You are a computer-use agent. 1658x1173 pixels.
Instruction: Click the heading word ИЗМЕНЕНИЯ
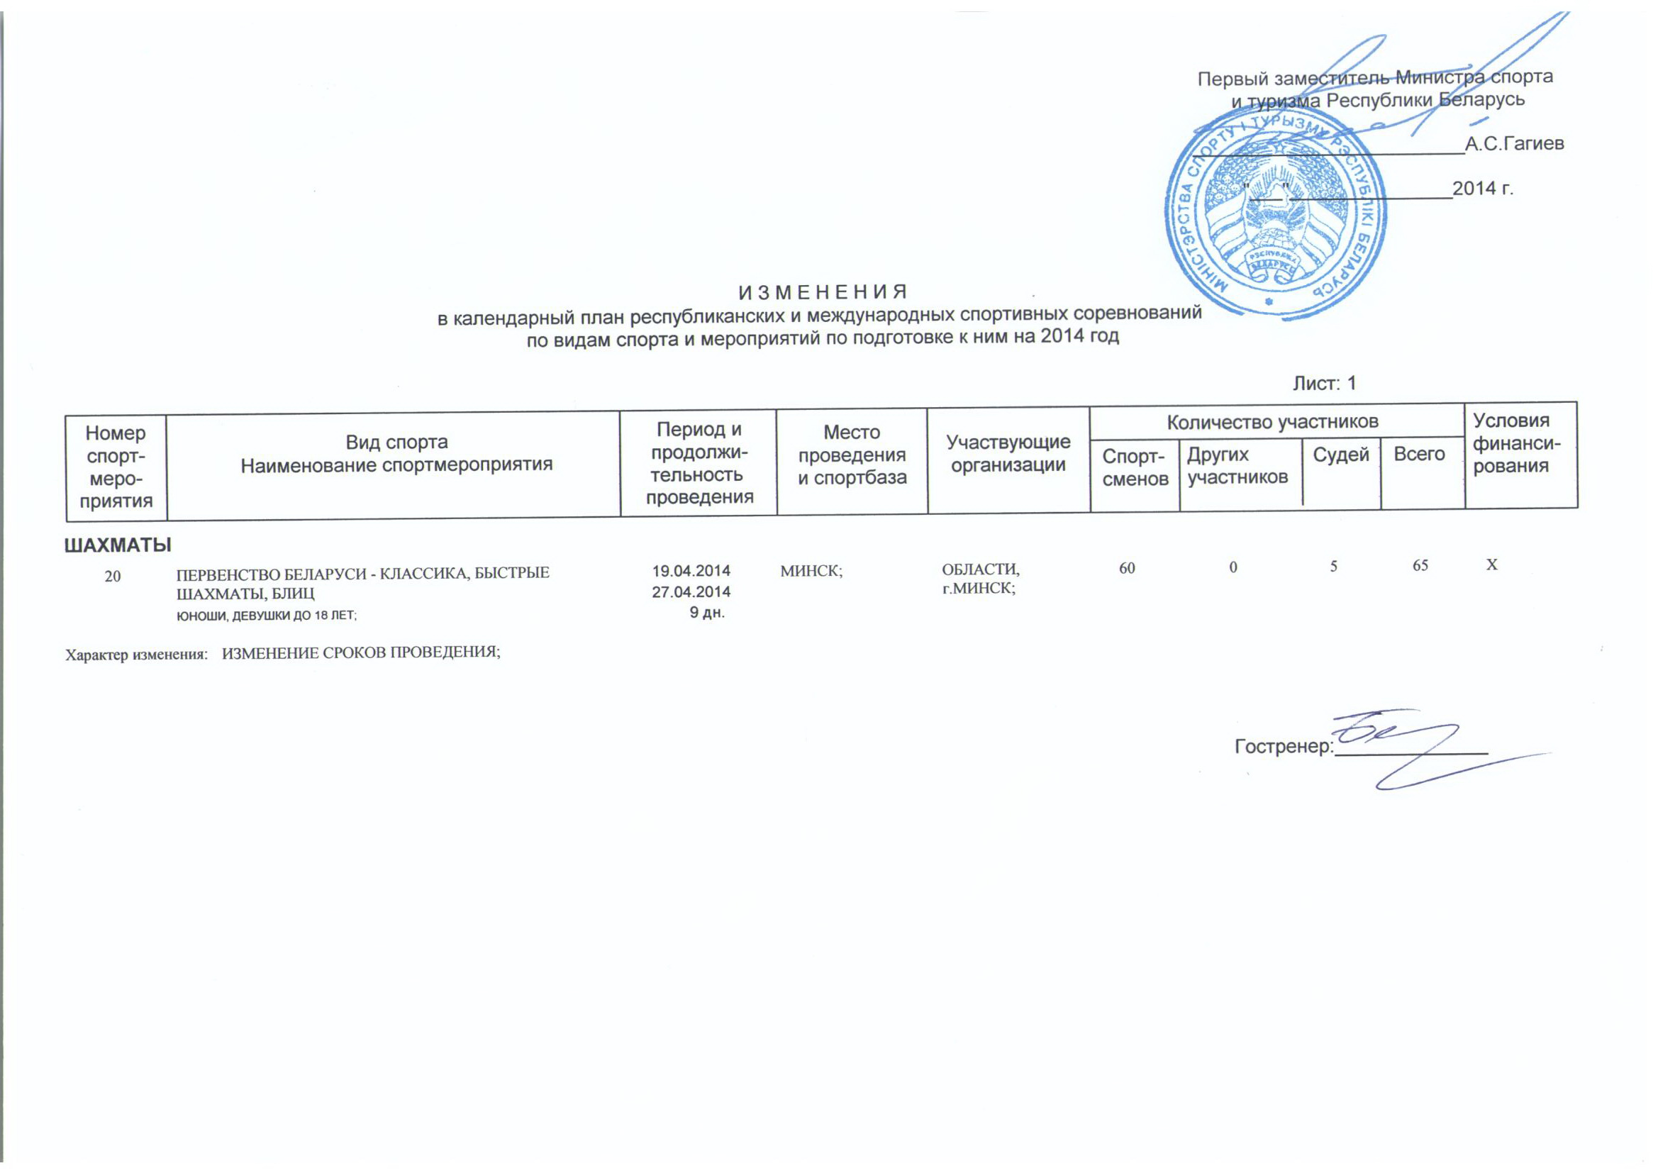(823, 292)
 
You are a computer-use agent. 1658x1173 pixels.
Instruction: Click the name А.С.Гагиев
(1514, 144)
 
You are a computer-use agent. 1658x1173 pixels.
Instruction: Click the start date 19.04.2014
(691, 571)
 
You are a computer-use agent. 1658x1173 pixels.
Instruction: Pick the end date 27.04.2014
(691, 591)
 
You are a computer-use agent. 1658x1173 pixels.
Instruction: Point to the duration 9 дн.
(707, 613)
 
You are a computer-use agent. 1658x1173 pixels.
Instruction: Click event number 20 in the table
(113, 577)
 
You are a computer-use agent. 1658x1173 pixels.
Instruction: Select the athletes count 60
(1127, 569)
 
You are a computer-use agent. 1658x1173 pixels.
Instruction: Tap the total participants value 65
(1420, 565)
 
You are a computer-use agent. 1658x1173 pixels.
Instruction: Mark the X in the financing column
(1491, 565)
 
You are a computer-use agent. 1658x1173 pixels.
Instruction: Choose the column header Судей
(1340, 455)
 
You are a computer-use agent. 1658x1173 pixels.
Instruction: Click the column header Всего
(1419, 454)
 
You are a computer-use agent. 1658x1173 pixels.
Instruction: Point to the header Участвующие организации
(1008, 454)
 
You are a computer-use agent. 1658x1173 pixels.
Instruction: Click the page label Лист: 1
(1325, 384)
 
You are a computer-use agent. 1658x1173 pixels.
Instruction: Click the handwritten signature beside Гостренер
(1393, 744)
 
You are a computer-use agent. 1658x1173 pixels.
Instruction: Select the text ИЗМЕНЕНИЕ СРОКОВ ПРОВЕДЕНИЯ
(361, 653)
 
